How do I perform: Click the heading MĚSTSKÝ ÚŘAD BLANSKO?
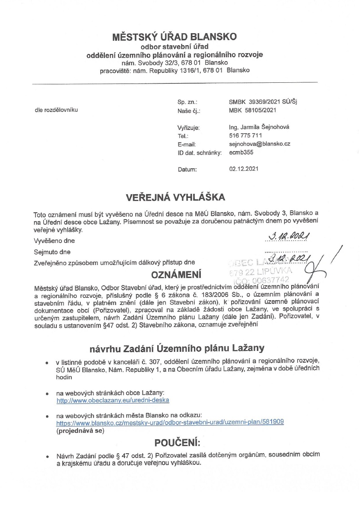tap(174, 37)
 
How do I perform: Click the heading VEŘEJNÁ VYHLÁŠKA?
tap(176, 197)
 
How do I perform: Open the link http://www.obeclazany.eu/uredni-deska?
tap(113, 400)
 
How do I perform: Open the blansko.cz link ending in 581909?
tap(170, 422)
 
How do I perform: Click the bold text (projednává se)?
tap(80, 430)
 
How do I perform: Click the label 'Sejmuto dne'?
tap(52, 252)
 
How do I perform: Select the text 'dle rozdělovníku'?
tap(56, 110)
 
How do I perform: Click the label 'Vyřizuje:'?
tap(188, 127)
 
